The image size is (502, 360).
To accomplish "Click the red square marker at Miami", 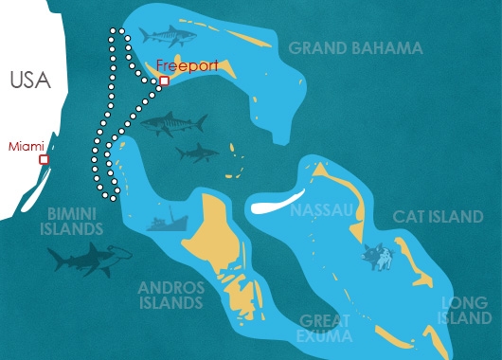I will click(x=44, y=160).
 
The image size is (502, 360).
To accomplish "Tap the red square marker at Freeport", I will click(x=164, y=81).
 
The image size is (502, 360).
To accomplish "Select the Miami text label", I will click(x=26, y=146).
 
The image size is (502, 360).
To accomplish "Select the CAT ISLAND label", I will click(x=438, y=217).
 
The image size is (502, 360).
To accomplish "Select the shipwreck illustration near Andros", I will click(x=166, y=222).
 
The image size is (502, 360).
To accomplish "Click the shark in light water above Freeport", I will click(x=167, y=35).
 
